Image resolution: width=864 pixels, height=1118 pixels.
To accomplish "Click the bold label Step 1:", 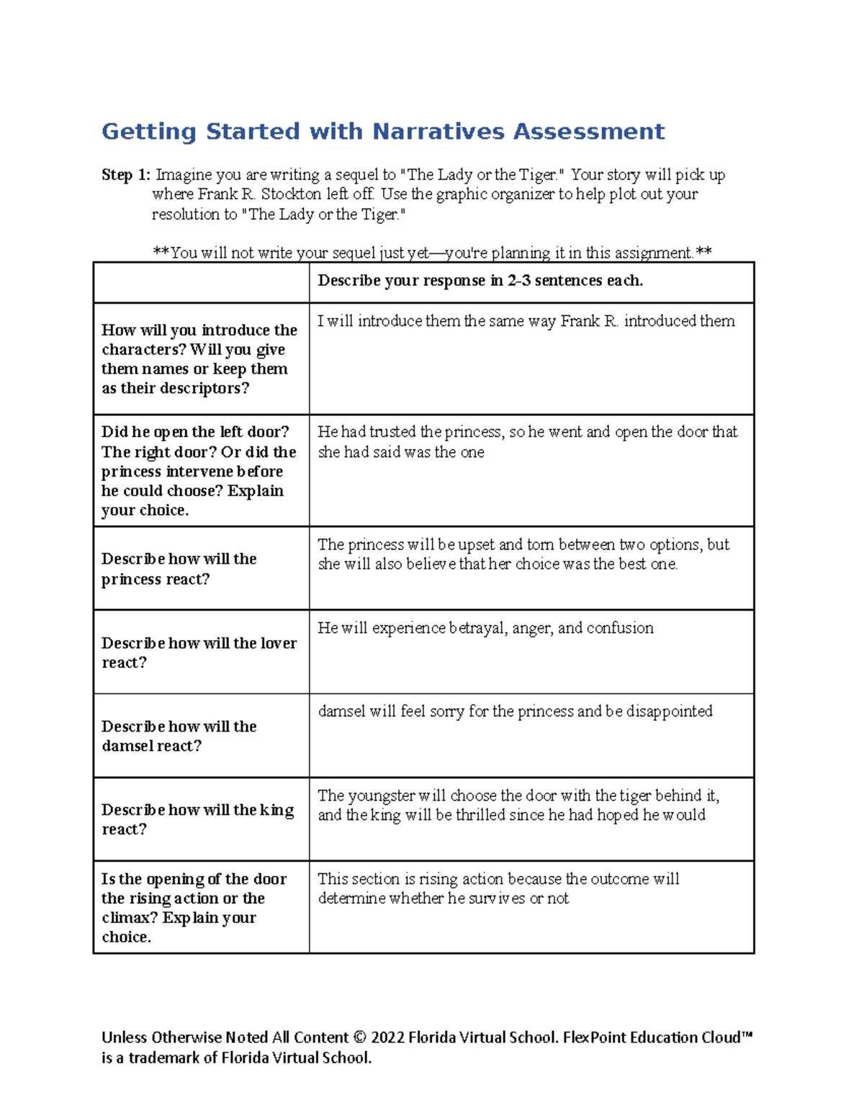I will [x=126, y=175].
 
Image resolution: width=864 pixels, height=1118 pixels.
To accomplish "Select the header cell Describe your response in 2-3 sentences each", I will [x=480, y=281].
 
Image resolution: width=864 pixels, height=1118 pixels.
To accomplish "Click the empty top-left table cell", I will [x=201, y=282].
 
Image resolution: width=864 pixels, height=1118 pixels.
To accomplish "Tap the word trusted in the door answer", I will [x=393, y=432].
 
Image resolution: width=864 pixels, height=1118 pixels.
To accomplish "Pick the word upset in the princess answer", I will [x=476, y=544].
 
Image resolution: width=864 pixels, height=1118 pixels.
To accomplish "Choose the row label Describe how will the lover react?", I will [x=199, y=652].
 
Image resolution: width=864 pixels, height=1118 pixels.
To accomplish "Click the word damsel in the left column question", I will [x=128, y=747].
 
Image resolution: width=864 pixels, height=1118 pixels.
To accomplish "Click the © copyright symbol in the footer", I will [x=360, y=1037].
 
